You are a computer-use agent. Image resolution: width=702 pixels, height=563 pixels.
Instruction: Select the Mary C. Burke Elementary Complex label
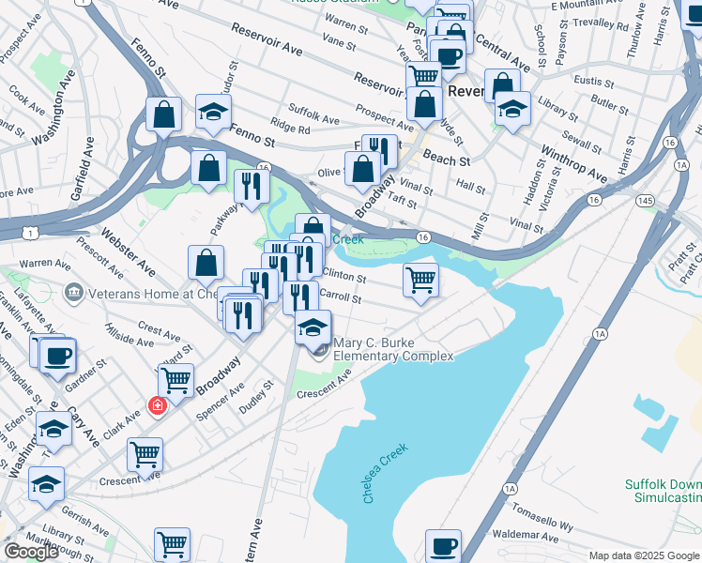[x=393, y=350]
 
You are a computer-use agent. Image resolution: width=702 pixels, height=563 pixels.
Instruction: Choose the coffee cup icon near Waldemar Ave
[x=443, y=545]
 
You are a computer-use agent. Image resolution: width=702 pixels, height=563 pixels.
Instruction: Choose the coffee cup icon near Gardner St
[x=57, y=355]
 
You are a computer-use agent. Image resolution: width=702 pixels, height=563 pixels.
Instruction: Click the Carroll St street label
[x=340, y=297]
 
